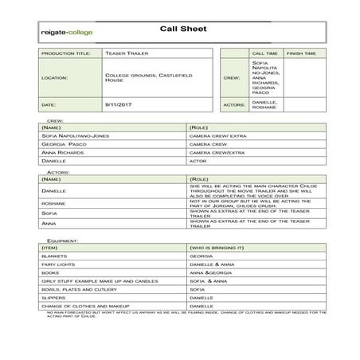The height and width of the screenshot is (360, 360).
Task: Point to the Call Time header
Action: (x=264, y=53)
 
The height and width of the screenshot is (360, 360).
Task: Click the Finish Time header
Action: (x=301, y=53)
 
